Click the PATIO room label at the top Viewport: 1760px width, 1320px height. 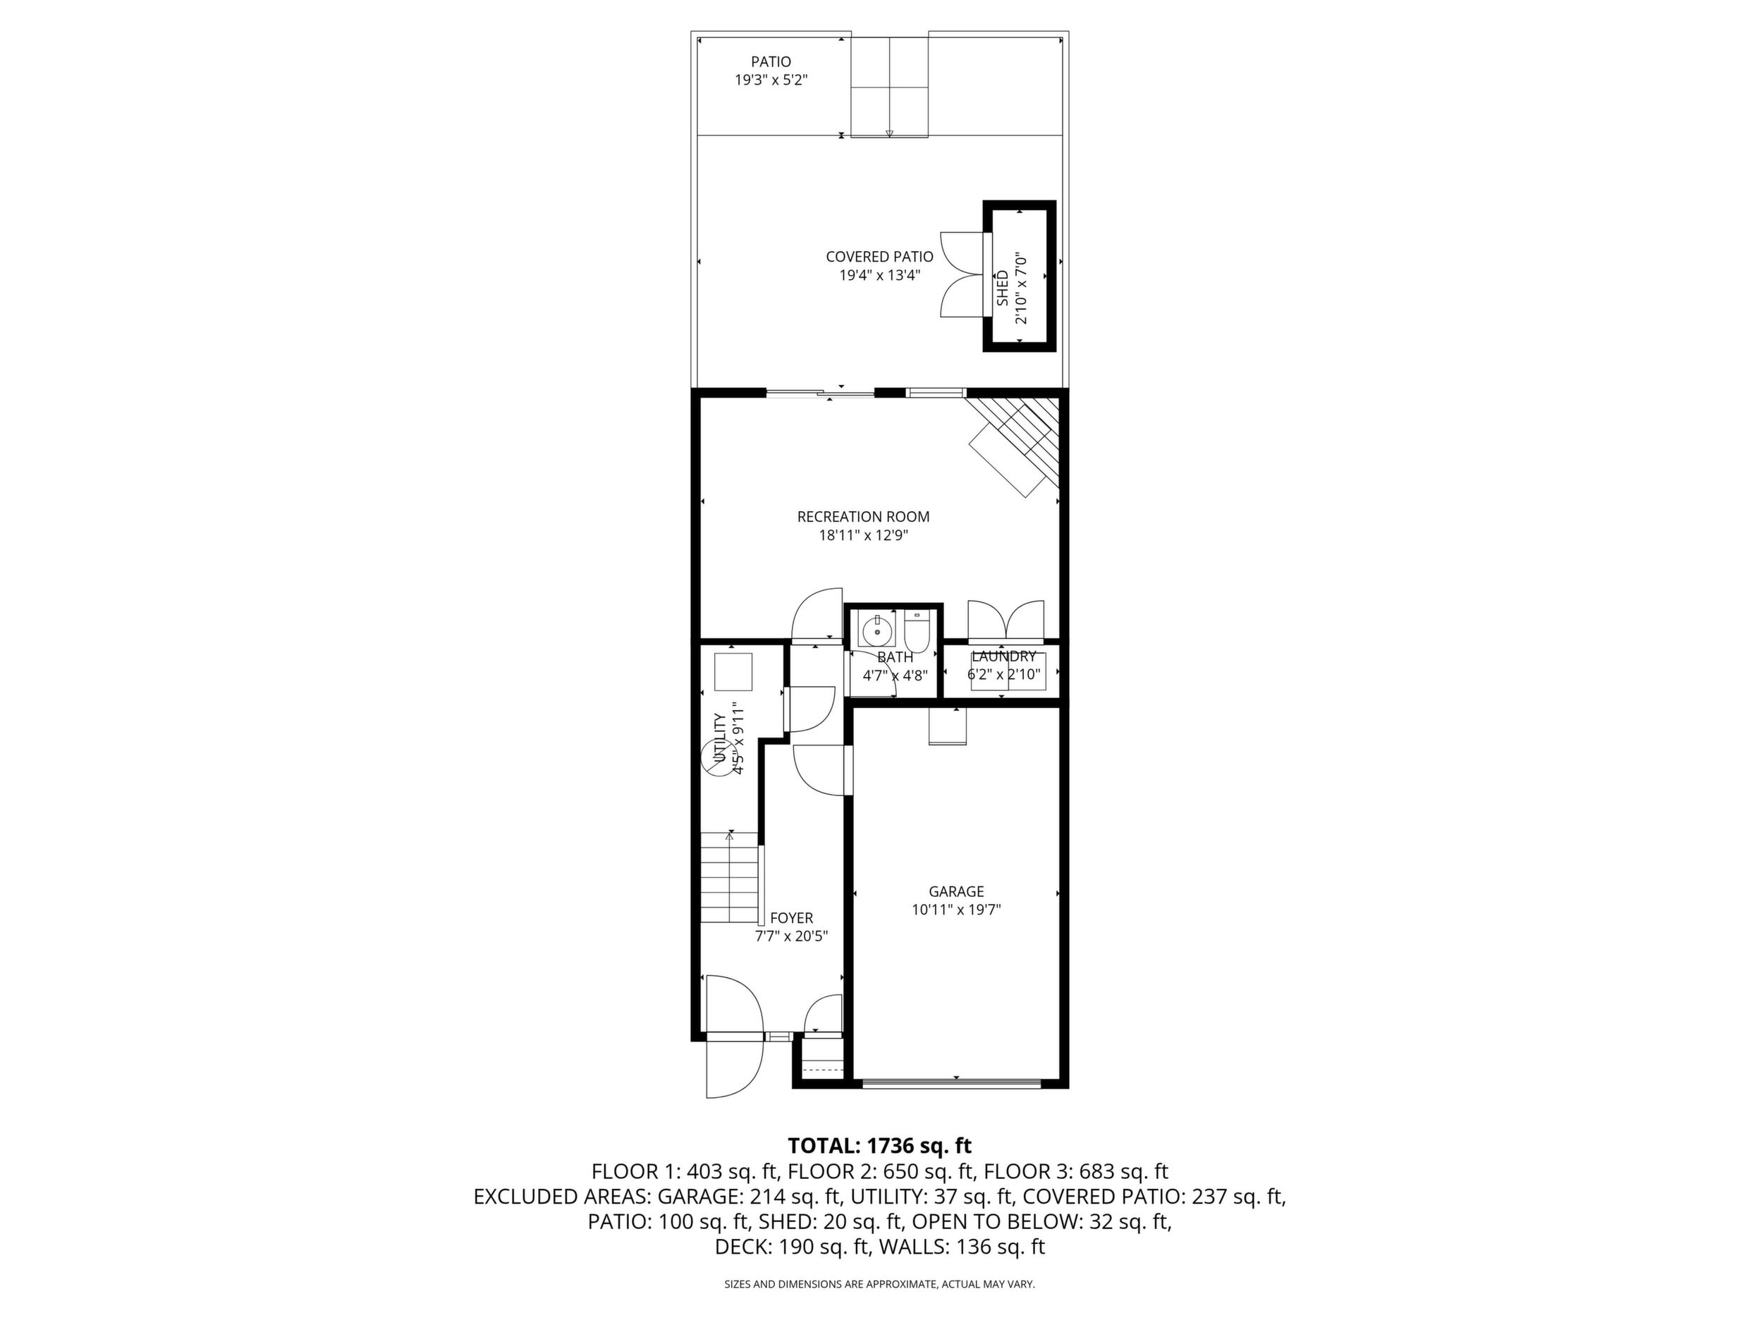[x=771, y=61]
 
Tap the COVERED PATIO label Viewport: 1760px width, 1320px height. [x=879, y=257]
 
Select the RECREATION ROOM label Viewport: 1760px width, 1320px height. [x=863, y=516]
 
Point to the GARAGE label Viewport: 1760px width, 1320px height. [x=956, y=891]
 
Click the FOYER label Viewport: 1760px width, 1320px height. [x=792, y=917]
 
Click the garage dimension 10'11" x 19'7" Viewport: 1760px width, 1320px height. [x=956, y=910]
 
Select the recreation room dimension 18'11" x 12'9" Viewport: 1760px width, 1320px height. [x=863, y=535]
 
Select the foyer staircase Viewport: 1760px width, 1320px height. [x=730, y=876]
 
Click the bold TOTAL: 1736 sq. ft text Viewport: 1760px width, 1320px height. [x=879, y=1146]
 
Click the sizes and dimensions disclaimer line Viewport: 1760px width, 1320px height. [x=879, y=1284]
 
